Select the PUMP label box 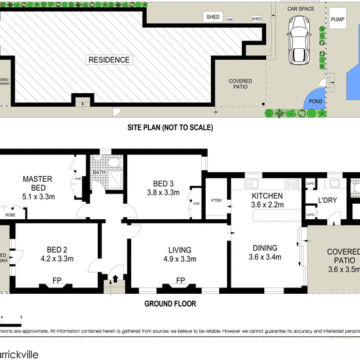[337, 20]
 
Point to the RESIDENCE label [109, 60]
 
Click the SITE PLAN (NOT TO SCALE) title [170, 127]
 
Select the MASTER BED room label [37, 179]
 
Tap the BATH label [99, 172]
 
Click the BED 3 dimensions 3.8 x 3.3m [164, 192]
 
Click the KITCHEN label [264, 196]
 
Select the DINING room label [265, 248]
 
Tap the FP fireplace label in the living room [181, 280]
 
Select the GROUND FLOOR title [170, 304]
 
